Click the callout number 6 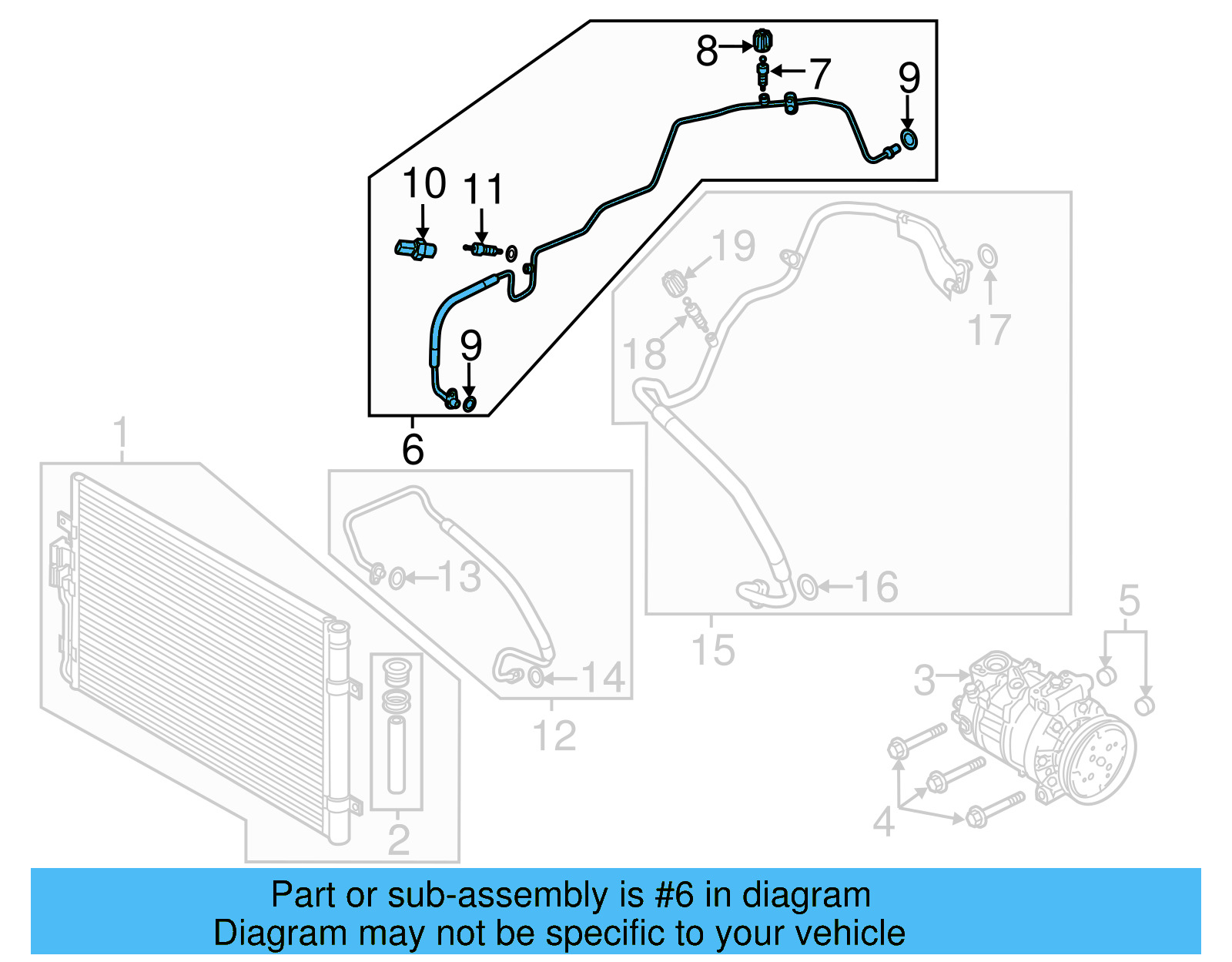pyautogui.click(x=413, y=449)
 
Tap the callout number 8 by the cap pyautogui.click(x=706, y=51)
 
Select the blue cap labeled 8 pyautogui.click(x=762, y=40)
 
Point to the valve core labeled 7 pyautogui.click(x=762, y=74)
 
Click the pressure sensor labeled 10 pyautogui.click(x=416, y=249)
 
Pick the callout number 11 pyautogui.click(x=483, y=189)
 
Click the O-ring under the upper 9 pyautogui.click(x=909, y=139)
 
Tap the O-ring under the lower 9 pyautogui.click(x=469, y=403)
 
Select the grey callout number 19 pyautogui.click(x=733, y=246)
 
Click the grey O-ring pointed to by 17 pyautogui.click(x=988, y=256)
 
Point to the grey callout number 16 pyautogui.click(x=875, y=588)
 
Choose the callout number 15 pyautogui.click(x=713, y=649)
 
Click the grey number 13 pyautogui.click(x=460, y=577)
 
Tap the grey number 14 pyautogui.click(x=602, y=678)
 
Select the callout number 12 pyautogui.click(x=554, y=736)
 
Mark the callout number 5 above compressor pyautogui.click(x=1129, y=600)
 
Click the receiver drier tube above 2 pyautogui.click(x=397, y=755)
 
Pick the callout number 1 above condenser pyautogui.click(x=121, y=434)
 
